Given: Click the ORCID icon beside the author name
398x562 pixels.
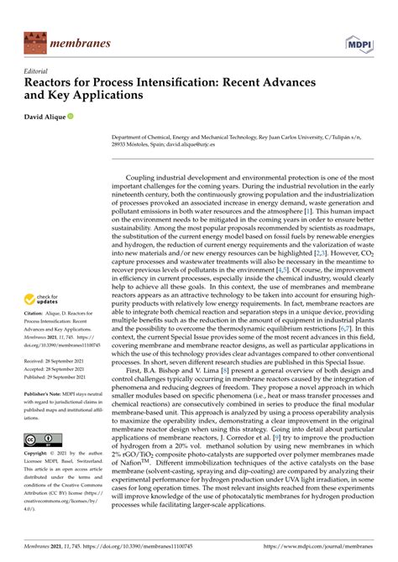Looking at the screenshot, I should pos(81,116).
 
